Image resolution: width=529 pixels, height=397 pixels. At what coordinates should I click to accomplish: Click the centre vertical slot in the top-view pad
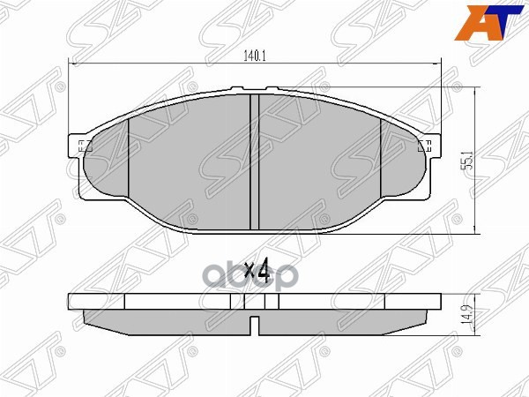tap(254, 159)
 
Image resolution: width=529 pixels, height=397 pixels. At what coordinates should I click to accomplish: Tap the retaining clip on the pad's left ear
tap(82, 147)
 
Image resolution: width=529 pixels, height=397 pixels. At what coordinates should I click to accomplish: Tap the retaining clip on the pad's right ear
tap(427, 147)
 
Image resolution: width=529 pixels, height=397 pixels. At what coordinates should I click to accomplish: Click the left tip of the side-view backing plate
tap(71, 301)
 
